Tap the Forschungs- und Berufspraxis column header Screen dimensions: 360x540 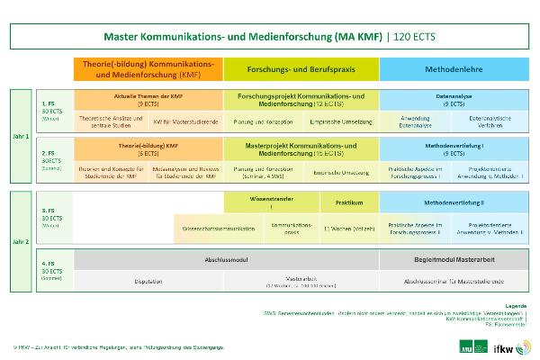301,69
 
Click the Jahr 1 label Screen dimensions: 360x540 21,136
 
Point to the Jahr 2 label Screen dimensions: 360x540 21,241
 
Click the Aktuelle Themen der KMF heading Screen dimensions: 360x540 148,96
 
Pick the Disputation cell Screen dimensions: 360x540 148,280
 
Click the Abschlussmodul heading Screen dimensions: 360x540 226,258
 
